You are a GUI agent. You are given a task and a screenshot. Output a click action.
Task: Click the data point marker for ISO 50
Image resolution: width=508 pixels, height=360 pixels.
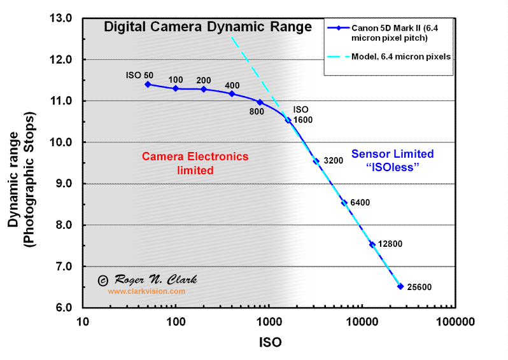click(x=148, y=84)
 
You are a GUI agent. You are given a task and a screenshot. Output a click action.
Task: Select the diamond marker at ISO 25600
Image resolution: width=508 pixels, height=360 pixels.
click(x=400, y=286)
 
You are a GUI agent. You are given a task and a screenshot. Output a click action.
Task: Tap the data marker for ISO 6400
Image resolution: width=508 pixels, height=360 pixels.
click(x=344, y=203)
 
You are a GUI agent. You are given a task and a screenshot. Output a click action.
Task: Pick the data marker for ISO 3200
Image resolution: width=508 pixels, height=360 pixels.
click(x=316, y=161)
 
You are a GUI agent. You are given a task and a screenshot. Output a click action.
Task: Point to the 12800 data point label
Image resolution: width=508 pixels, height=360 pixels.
click(x=390, y=244)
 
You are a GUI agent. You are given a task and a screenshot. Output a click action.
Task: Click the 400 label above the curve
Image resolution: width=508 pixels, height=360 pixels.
click(x=232, y=85)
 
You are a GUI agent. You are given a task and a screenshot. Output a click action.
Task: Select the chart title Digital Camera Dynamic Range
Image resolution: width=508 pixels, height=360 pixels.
click(x=208, y=27)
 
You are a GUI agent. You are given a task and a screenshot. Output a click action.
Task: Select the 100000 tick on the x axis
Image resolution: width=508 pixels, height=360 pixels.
click(x=455, y=322)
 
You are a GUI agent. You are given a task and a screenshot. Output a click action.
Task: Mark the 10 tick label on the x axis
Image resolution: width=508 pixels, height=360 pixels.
click(x=82, y=322)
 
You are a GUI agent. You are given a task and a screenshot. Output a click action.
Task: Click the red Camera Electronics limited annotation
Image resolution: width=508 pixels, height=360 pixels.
click(x=195, y=163)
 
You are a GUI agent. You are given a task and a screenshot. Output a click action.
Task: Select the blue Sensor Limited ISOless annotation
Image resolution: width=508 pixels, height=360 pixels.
click(x=392, y=160)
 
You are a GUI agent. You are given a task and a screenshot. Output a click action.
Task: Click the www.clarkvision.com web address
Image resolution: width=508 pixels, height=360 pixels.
click(x=146, y=291)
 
